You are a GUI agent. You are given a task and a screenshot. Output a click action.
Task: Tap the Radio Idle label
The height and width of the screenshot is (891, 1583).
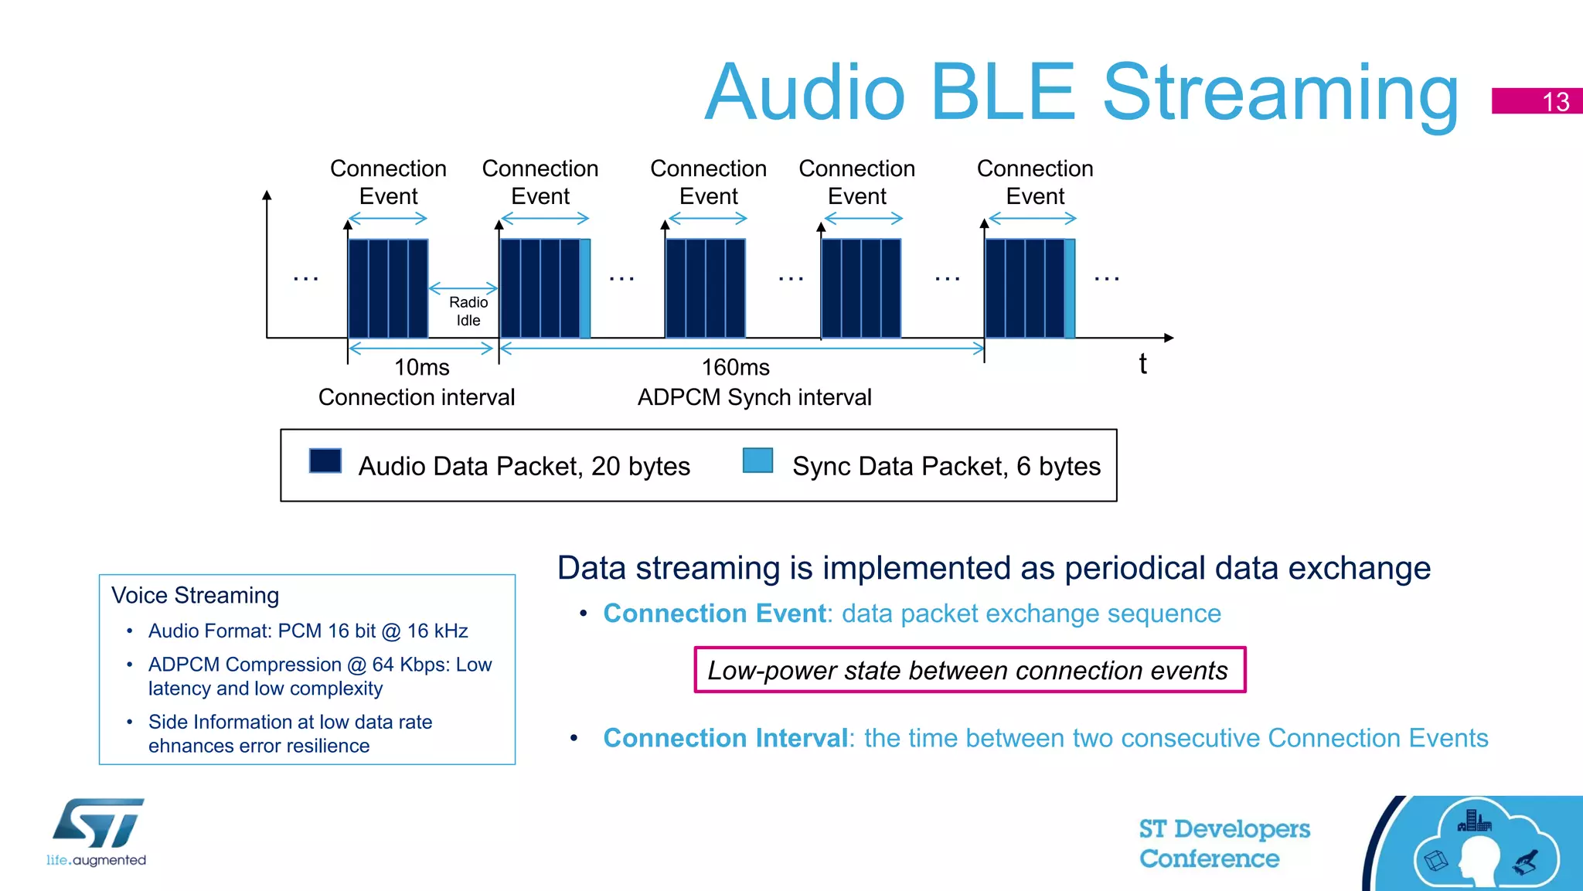pyautogui.click(x=468, y=311)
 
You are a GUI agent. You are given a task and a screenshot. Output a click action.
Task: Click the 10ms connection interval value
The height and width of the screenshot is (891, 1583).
pyautogui.click(x=421, y=367)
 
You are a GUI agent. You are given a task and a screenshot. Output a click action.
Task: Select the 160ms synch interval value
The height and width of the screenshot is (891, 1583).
pyautogui.click(x=735, y=367)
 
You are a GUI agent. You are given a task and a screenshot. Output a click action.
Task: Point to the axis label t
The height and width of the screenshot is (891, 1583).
pyautogui.click(x=1142, y=364)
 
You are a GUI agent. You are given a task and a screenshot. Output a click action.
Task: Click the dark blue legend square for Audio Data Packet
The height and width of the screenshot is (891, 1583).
pyautogui.click(x=325, y=461)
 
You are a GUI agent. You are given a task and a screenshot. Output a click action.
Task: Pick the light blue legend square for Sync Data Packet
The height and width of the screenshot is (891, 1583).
pyautogui.click(x=757, y=461)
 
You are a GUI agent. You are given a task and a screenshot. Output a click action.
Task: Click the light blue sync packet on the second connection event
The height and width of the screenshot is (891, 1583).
pyautogui.click(x=585, y=288)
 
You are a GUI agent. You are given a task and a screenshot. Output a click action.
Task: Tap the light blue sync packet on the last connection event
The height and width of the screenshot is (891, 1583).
pyautogui.click(x=1070, y=288)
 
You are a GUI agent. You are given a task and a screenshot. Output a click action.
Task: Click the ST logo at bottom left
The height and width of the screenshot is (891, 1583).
pyautogui.click(x=98, y=825)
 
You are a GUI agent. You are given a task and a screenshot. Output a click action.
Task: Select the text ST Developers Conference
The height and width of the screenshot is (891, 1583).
pyautogui.click(x=1224, y=843)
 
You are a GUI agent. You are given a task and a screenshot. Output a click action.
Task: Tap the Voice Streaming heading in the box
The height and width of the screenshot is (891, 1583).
pyautogui.click(x=195, y=595)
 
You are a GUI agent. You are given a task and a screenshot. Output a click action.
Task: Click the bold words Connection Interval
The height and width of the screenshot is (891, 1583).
pyautogui.click(x=725, y=738)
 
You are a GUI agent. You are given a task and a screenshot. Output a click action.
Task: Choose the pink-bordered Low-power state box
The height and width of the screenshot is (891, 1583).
pyautogui.click(x=969, y=670)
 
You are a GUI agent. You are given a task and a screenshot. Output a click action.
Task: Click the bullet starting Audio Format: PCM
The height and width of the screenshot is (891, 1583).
pyautogui.click(x=308, y=631)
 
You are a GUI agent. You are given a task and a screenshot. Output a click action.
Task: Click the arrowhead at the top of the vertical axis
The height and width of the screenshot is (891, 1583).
pyautogui.click(x=267, y=195)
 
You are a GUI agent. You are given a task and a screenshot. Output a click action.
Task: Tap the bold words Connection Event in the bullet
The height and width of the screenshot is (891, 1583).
pyautogui.click(x=714, y=613)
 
